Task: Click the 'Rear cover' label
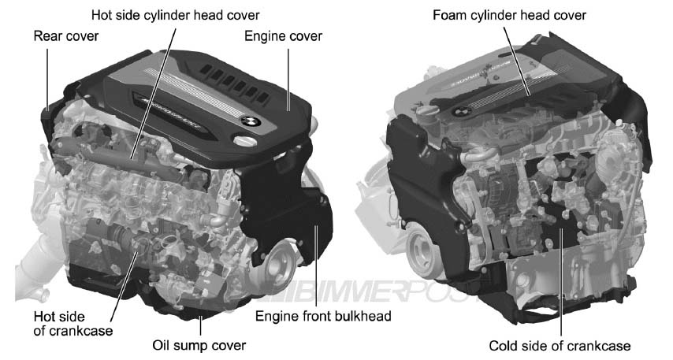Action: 66,36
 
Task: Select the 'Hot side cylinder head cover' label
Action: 175,16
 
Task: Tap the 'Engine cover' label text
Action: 283,36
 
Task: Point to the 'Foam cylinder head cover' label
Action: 509,16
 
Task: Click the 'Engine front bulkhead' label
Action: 323,316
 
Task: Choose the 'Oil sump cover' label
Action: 199,345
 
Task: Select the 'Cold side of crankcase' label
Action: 560,345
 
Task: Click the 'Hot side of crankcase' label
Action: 73,324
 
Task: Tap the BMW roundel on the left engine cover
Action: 251,122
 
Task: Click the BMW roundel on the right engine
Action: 462,112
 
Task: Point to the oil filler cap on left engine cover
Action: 246,140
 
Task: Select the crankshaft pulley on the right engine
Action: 423,248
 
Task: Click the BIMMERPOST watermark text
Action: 374,291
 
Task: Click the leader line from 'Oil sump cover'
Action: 200,325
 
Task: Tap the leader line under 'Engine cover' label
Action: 288,80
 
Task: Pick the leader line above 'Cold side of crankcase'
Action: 560,282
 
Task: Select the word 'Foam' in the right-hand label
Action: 448,16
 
